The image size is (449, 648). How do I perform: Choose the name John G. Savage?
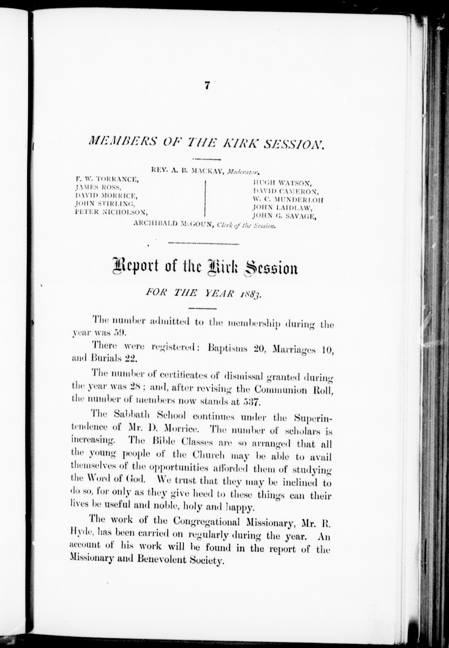284,216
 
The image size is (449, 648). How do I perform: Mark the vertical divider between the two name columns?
206,198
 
